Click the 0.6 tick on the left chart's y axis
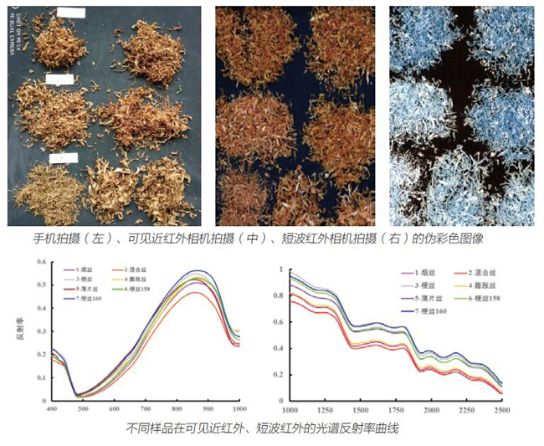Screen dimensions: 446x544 tap(39, 264)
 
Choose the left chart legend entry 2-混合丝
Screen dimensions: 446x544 tap(138, 270)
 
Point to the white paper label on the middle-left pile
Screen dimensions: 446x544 tap(61, 79)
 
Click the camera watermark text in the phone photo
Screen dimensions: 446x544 tap(14, 42)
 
